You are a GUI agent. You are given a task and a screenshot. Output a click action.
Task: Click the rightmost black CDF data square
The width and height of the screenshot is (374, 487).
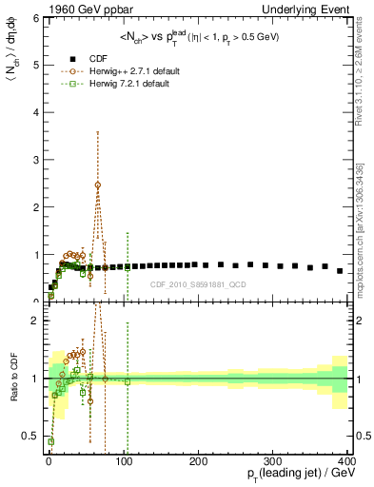click(340, 270)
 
